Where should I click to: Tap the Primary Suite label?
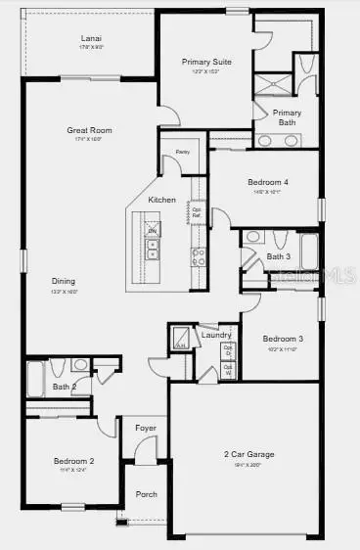[x=204, y=62]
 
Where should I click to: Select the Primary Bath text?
[x=287, y=116]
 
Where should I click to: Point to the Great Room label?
[x=90, y=129]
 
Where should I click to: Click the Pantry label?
[x=182, y=153]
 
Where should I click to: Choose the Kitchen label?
[x=162, y=200]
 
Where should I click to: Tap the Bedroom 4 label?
[x=268, y=182]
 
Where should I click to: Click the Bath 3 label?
[x=278, y=256]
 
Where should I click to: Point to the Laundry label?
[x=216, y=335]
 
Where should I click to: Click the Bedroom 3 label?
[x=283, y=339]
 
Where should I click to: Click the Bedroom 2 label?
[x=73, y=460]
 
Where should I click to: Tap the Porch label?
[x=145, y=494]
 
